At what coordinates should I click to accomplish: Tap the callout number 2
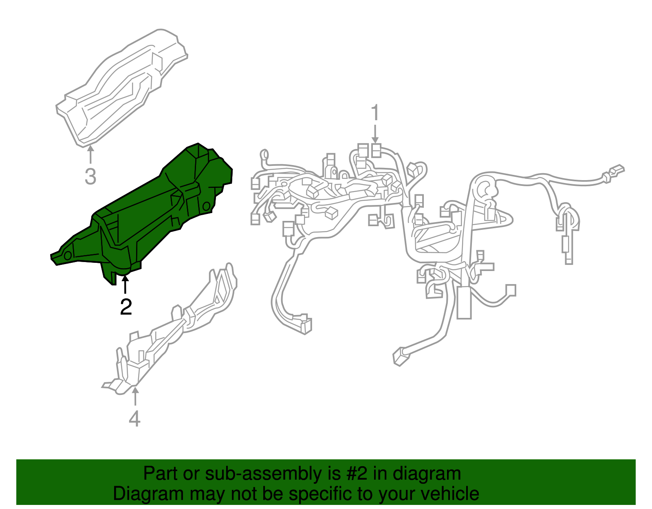[x=126, y=306]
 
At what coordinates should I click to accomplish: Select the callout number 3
[x=90, y=176]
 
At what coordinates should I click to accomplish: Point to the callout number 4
[x=134, y=419]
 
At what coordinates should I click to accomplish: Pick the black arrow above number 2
[x=125, y=284]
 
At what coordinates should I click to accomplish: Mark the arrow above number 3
[x=90, y=154]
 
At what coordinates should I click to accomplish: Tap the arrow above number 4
[x=135, y=396]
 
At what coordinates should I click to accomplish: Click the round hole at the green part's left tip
[x=68, y=255]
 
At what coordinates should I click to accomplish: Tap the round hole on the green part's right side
[x=207, y=206]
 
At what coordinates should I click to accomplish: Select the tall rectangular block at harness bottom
[x=464, y=302]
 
